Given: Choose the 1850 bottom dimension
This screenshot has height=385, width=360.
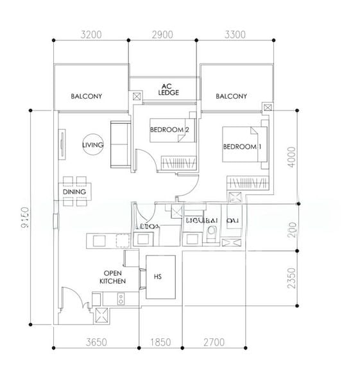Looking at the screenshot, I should (160, 342).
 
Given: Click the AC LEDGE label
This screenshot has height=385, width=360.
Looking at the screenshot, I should (168, 89).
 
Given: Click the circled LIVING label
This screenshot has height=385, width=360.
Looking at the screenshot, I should (92, 146).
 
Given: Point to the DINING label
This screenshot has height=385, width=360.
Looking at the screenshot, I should (74, 191).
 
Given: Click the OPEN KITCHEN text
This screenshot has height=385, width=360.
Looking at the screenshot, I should (112, 277).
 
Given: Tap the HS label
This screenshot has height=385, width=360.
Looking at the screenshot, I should (158, 277).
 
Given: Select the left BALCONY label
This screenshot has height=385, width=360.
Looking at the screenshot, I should (87, 96).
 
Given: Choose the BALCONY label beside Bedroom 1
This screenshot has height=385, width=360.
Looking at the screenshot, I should (232, 96).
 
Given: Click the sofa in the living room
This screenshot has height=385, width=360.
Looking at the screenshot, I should (119, 143).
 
